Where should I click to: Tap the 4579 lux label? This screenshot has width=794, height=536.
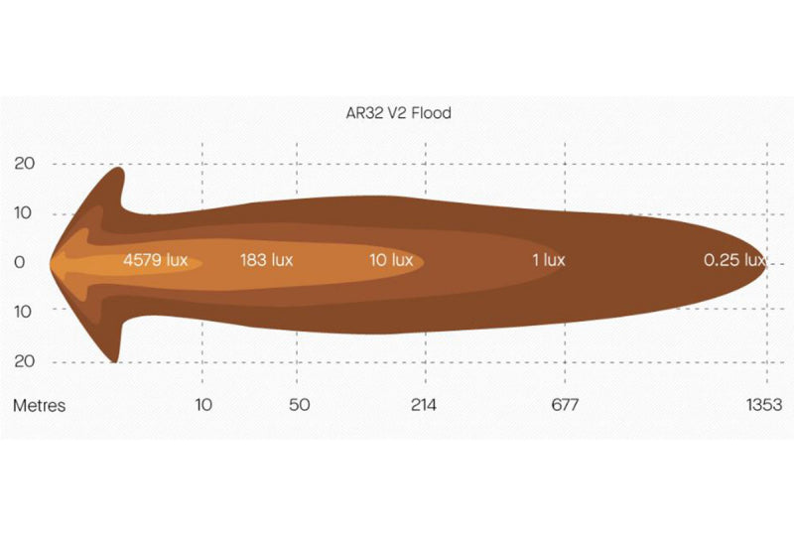pyautogui.click(x=155, y=260)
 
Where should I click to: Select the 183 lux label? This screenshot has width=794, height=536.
pyautogui.click(x=266, y=260)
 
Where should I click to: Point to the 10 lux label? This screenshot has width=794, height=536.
pyautogui.click(x=390, y=260)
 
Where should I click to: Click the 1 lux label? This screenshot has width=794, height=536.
pyautogui.click(x=548, y=260)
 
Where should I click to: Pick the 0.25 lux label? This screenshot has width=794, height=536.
pyautogui.click(x=733, y=260)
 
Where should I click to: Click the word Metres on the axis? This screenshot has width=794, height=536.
pyautogui.click(x=39, y=405)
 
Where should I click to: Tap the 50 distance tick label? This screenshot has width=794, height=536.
pyautogui.click(x=299, y=405)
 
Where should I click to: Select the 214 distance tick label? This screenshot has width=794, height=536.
pyautogui.click(x=424, y=405)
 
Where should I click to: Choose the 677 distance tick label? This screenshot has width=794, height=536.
pyautogui.click(x=565, y=405)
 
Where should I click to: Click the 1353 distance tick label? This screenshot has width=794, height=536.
pyautogui.click(x=765, y=405)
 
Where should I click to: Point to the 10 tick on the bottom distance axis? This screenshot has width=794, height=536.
pyautogui.click(x=202, y=405)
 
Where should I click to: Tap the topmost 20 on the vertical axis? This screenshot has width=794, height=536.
pyautogui.click(x=24, y=164)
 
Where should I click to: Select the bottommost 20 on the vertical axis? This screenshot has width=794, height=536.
pyautogui.click(x=24, y=360)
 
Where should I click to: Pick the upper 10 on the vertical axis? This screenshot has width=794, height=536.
pyautogui.click(x=24, y=212)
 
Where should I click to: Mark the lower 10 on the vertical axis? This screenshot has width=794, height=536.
pyautogui.click(x=24, y=311)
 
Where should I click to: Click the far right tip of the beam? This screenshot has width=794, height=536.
pyautogui.click(x=765, y=263)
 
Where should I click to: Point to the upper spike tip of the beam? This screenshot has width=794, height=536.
pyautogui.click(x=119, y=169)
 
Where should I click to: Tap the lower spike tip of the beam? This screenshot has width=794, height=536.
pyautogui.click(x=118, y=360)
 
